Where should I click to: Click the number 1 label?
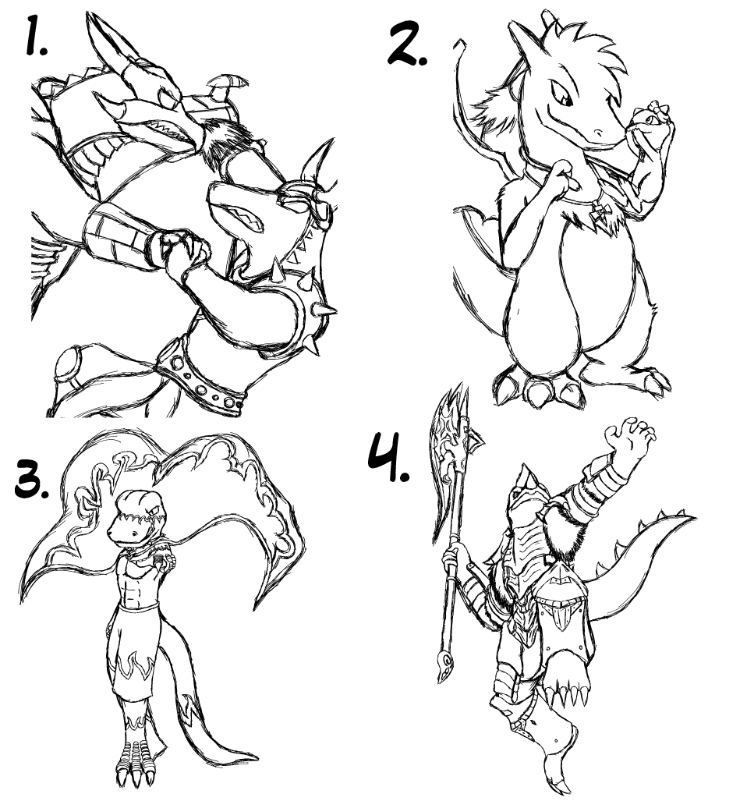click(36, 35)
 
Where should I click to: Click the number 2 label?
click(407, 43)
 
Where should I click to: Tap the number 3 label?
click(32, 479)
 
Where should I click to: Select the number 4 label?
click(388, 457)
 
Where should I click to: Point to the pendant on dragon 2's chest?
click(598, 212)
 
